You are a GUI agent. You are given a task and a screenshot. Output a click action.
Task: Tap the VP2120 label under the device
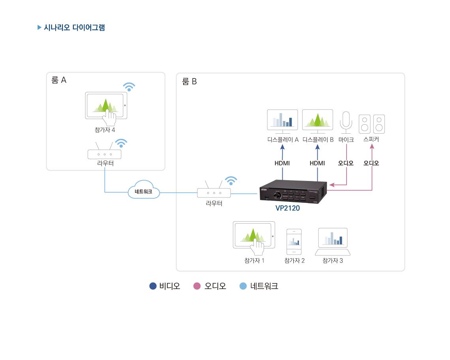pos(287,208)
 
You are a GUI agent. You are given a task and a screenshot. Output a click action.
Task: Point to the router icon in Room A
pos(105,154)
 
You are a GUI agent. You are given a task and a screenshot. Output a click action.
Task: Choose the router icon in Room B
pos(214,192)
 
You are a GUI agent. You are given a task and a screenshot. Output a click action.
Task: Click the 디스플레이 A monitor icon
pos(282,119)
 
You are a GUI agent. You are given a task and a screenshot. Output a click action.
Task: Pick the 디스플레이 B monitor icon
pos(317,119)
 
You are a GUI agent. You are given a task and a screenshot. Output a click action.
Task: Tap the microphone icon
pos(346,121)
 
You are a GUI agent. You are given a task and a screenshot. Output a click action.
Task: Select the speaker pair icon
pos(371,124)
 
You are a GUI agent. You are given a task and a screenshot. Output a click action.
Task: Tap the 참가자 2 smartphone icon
pos(294,242)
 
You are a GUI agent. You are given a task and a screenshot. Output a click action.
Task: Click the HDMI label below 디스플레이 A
pos(282,163)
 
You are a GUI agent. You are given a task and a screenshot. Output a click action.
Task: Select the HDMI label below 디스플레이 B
pos(317,163)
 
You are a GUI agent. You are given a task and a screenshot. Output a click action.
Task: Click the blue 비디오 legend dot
pos(153,286)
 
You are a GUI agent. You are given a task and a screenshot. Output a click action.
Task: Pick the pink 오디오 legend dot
pos(197,286)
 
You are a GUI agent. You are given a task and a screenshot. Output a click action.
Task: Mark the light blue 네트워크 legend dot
pos(243,286)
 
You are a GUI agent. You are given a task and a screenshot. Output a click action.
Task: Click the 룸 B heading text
pos(189,82)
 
